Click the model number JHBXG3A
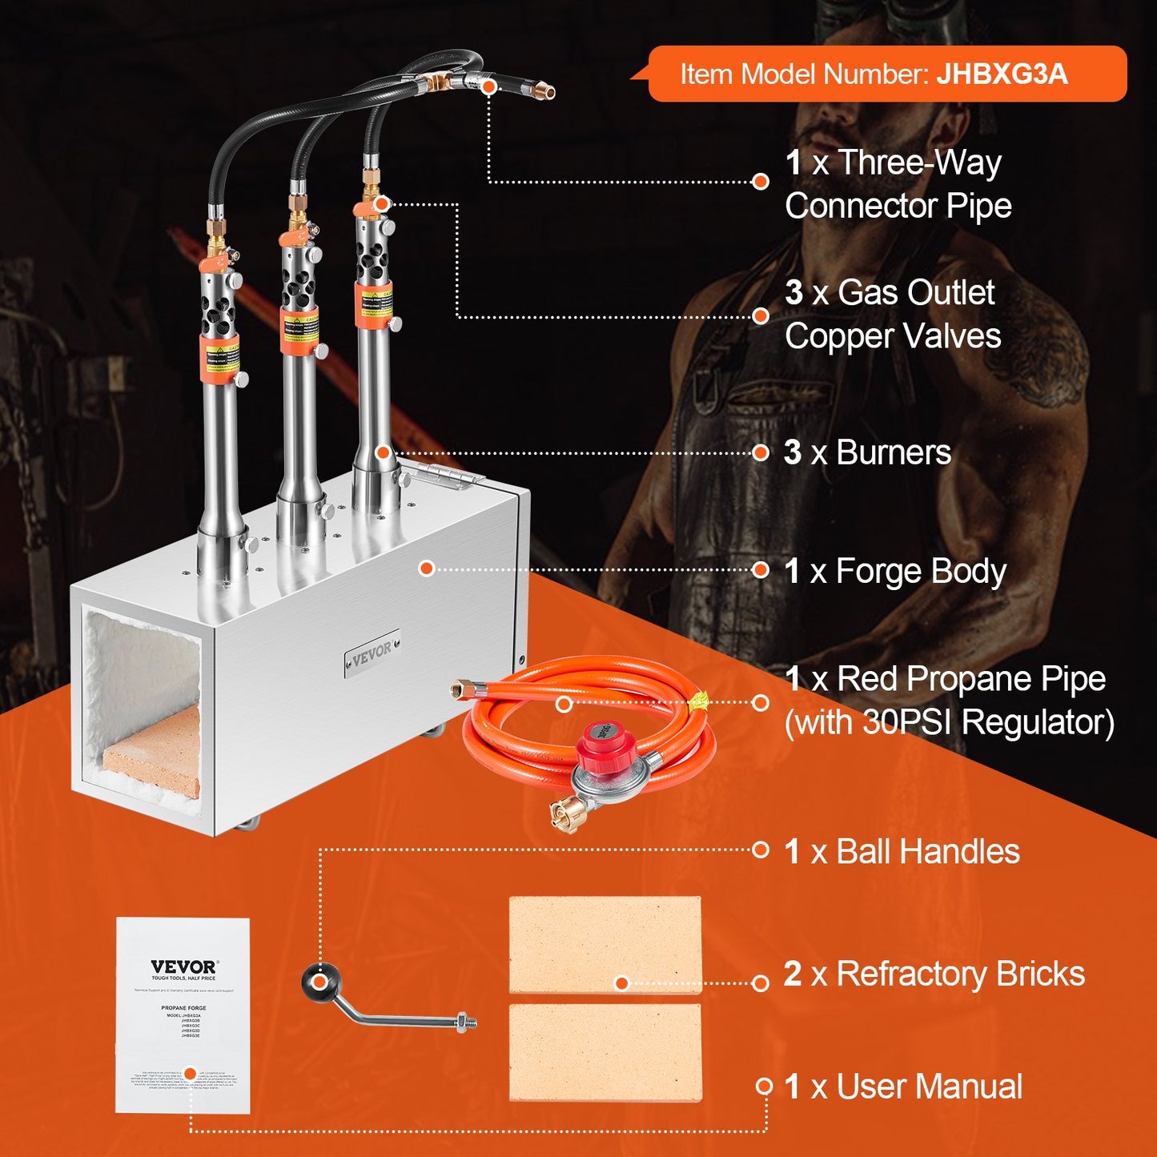(x=1002, y=74)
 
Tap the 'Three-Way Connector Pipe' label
(x=898, y=184)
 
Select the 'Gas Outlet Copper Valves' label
(x=893, y=315)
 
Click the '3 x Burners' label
(x=868, y=452)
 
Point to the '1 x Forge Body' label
(x=895, y=571)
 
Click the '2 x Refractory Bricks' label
(x=934, y=974)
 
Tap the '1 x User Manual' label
(x=903, y=1087)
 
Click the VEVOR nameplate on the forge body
(x=372, y=654)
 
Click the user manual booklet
(x=183, y=1014)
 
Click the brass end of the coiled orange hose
(x=462, y=688)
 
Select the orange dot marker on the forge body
(x=427, y=568)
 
